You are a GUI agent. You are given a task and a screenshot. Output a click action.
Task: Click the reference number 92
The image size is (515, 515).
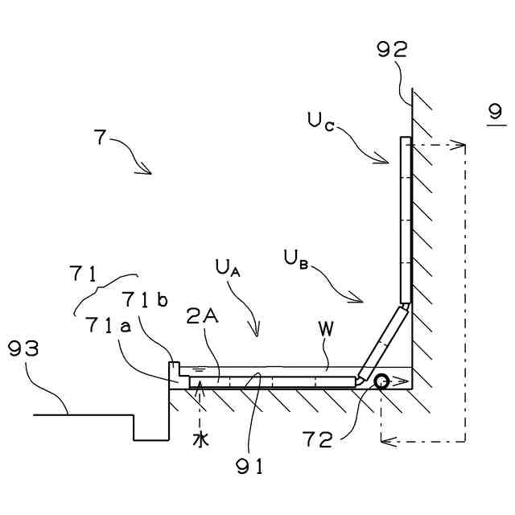point(392,51)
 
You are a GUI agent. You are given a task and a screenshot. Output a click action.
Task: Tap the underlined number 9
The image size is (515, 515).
point(496,113)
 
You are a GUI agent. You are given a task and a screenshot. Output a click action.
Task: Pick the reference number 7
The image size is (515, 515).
point(99,137)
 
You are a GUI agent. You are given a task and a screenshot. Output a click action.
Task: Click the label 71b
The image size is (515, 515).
point(145,300)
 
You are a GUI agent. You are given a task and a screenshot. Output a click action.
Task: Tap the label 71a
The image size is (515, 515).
point(107,325)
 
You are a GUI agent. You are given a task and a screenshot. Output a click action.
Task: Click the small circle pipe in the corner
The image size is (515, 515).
point(380,381)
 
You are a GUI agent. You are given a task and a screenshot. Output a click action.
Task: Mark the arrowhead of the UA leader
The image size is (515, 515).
point(257,333)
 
